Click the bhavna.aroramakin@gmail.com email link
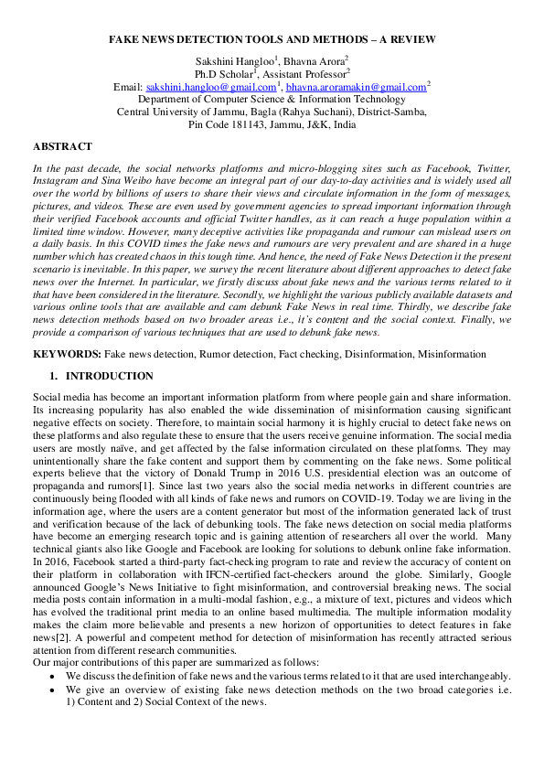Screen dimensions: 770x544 click(x=356, y=87)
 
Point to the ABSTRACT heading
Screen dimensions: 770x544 click(x=62, y=146)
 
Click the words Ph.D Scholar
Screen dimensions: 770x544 click(x=224, y=73)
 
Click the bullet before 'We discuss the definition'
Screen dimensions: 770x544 click(x=52, y=675)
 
